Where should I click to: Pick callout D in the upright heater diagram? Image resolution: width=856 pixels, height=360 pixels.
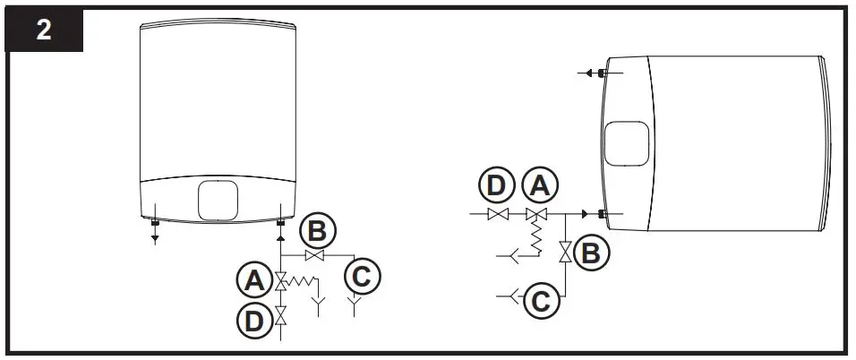tap(254, 320)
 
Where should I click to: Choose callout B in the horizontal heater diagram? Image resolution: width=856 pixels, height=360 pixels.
tap(590, 253)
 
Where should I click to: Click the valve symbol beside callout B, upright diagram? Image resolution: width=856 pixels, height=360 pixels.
tap(312, 256)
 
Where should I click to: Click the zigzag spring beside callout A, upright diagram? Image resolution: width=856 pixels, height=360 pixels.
tap(304, 283)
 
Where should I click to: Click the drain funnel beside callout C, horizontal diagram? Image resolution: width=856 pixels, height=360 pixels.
tap(512, 294)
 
